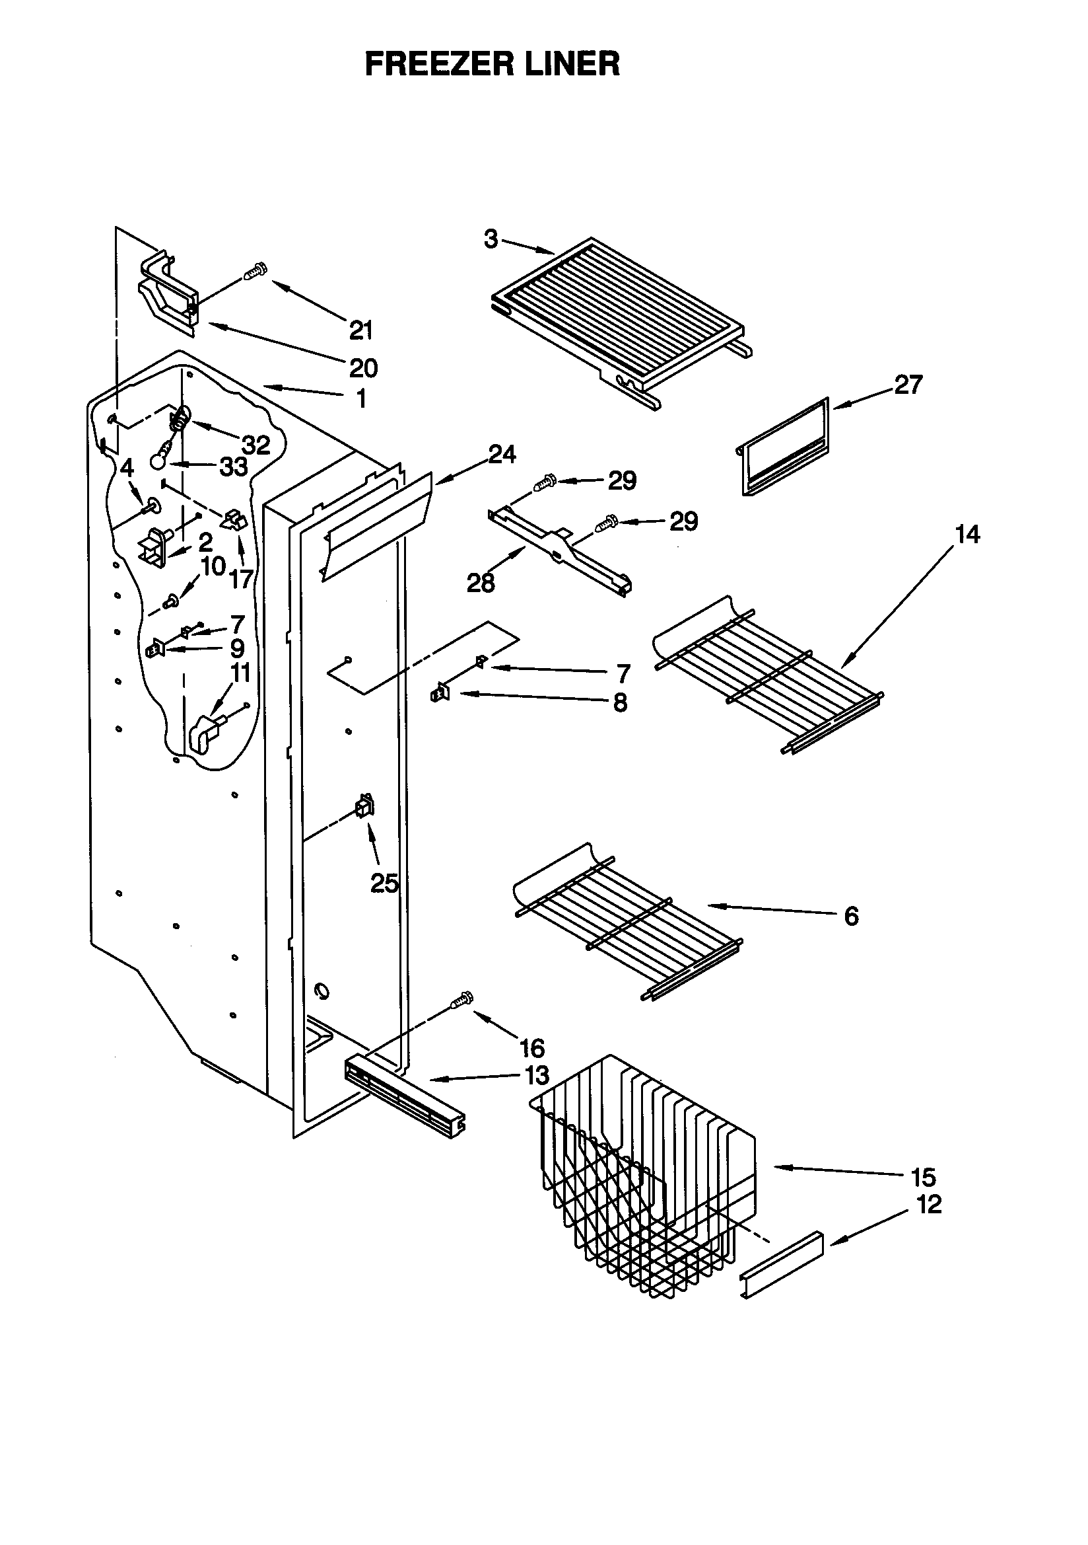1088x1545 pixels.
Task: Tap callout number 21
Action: [361, 330]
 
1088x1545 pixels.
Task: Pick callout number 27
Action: [908, 384]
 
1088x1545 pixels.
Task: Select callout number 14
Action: [967, 535]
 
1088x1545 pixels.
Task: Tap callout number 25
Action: [385, 883]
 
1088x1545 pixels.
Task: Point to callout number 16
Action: [531, 1047]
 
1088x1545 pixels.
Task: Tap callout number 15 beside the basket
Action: [923, 1177]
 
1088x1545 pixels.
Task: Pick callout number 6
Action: [851, 916]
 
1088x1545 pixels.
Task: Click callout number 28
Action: [481, 583]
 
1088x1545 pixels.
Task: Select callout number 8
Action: [619, 702]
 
